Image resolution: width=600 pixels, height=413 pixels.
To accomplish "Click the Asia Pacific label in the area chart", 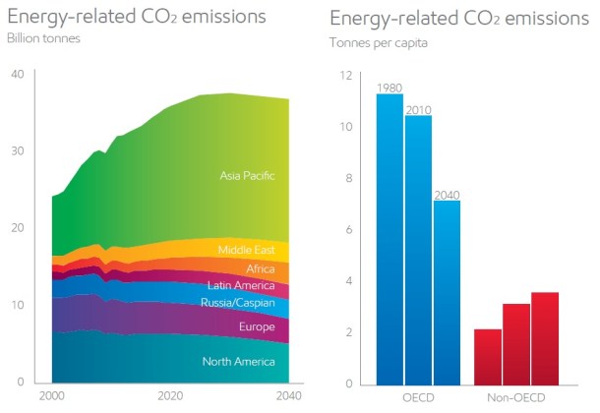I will click(x=247, y=176).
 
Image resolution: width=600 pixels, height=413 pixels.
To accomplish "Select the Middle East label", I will click(x=247, y=250).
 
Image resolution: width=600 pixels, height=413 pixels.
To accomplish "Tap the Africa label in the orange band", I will click(x=261, y=268).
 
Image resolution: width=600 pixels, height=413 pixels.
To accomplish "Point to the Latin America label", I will click(x=241, y=286).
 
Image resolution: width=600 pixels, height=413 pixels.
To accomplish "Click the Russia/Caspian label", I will click(x=239, y=304).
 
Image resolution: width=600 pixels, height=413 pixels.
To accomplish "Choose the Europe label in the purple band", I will click(x=257, y=326).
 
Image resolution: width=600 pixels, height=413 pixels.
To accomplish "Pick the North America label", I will click(x=238, y=362).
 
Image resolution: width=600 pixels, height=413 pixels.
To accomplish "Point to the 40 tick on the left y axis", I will click(x=17, y=75).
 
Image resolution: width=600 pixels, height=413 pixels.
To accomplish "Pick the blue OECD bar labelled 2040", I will click(x=447, y=291).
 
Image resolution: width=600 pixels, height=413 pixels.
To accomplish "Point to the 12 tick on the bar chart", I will click(x=344, y=76).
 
